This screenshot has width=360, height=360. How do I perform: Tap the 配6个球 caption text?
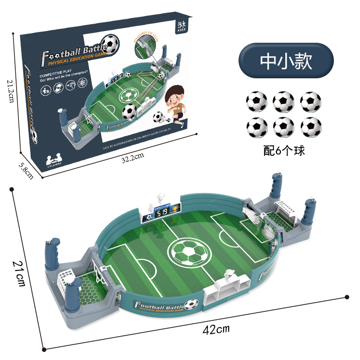[284, 150]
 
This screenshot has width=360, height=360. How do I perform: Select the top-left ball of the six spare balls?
[257, 101]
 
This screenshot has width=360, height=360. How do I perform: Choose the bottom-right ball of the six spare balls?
[311, 128]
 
